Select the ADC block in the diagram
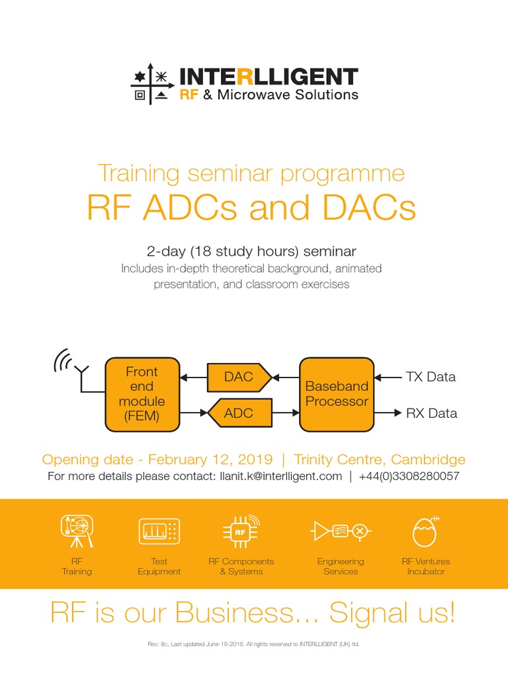tap(239, 413)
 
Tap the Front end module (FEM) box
tap(142, 394)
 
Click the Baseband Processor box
tap(337, 394)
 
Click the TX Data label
tap(431, 377)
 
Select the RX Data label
tap(431, 413)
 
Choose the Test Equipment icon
tap(159, 531)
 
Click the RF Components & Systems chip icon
tap(241, 530)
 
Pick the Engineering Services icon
tap(341, 530)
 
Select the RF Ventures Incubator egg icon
tap(426, 530)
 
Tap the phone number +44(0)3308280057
tap(407, 476)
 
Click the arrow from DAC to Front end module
tap(193, 377)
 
